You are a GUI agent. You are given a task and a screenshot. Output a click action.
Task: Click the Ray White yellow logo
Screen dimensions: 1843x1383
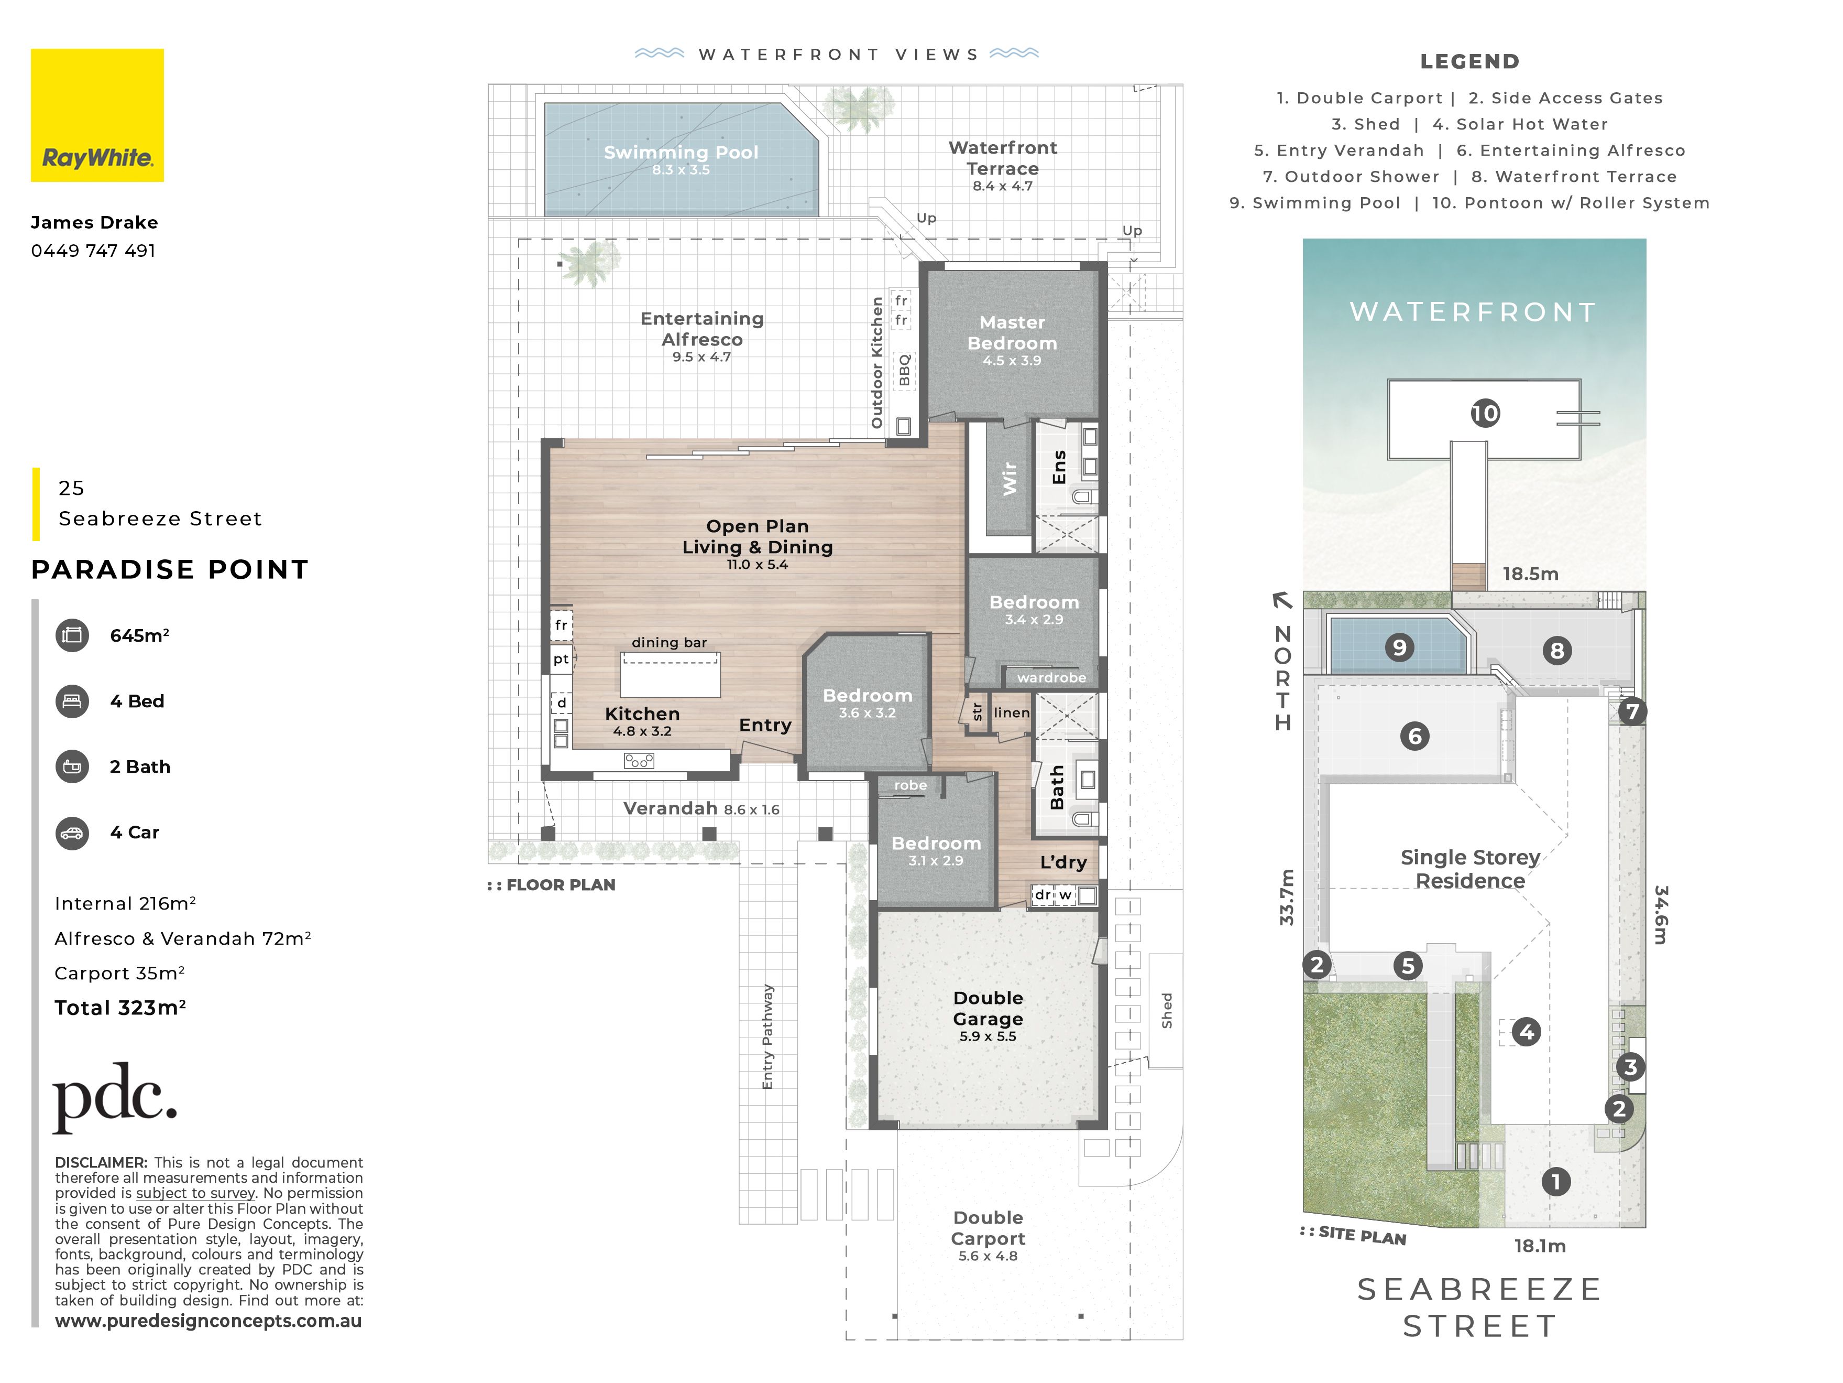[x=97, y=115]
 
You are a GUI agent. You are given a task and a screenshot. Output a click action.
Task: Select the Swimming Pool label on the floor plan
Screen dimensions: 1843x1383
[x=681, y=153]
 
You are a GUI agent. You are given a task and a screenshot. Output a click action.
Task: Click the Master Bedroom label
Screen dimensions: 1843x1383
[x=1012, y=332]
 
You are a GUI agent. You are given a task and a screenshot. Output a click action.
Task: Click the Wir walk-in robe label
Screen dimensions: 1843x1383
[x=1009, y=479]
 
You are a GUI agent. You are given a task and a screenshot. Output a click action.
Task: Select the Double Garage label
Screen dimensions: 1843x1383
[x=988, y=1009]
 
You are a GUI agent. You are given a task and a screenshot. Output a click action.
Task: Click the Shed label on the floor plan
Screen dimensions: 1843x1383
[x=1167, y=1010]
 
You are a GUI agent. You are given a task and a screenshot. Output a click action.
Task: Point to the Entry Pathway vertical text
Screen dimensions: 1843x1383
[x=767, y=1036]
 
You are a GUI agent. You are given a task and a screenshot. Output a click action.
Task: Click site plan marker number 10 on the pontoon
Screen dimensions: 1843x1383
[x=1485, y=414]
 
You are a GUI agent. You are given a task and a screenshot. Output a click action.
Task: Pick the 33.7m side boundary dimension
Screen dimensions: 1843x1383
[x=1287, y=897]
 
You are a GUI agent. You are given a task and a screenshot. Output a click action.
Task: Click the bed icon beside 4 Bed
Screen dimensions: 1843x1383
[x=72, y=701]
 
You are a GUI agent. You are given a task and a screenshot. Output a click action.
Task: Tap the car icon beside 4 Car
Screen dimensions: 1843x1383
[x=72, y=833]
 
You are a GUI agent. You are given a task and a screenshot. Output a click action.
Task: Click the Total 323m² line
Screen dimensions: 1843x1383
[x=120, y=1008]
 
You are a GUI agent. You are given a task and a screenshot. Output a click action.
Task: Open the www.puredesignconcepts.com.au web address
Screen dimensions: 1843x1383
[x=209, y=1321]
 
